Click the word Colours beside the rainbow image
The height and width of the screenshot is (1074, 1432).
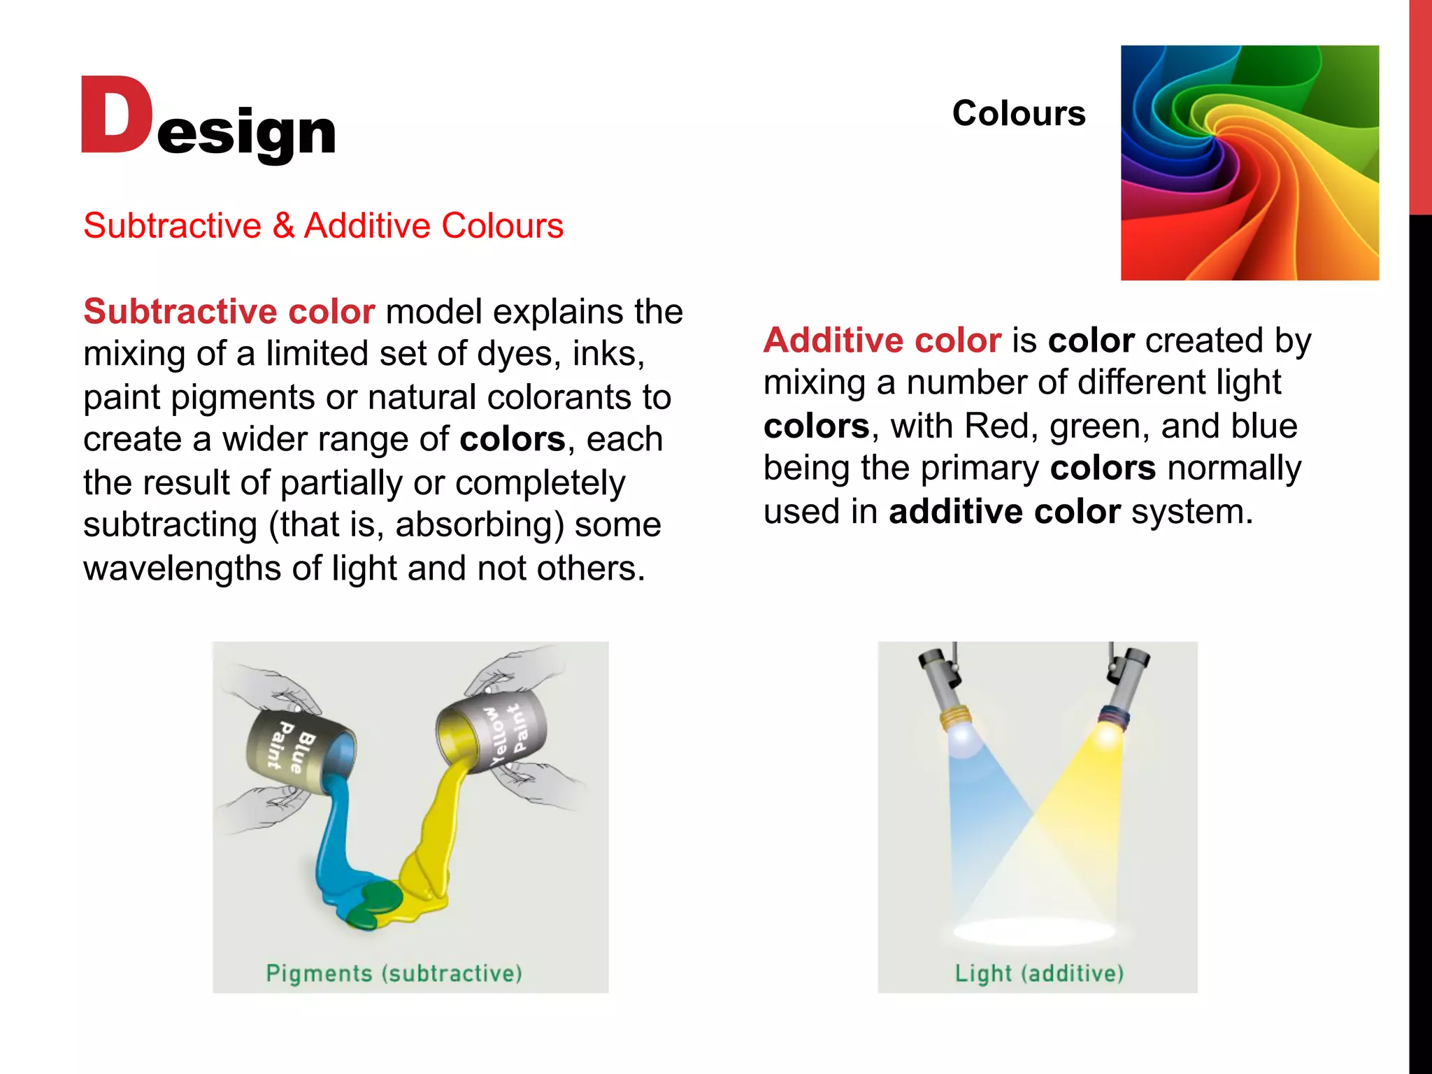tap(1018, 113)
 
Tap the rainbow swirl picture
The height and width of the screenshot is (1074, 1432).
tap(1250, 163)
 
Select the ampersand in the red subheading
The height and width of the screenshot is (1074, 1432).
tap(283, 226)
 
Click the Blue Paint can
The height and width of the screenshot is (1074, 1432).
tap(301, 752)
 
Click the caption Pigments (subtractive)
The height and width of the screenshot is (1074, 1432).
tap(394, 973)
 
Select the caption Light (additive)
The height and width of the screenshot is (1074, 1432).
tap(1039, 973)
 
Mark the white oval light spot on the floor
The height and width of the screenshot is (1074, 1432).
tap(1035, 931)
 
